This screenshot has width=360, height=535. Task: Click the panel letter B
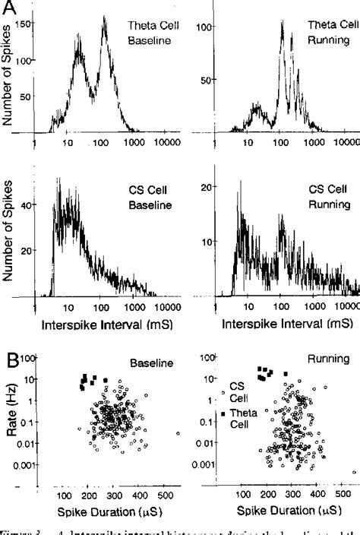click(x=10, y=356)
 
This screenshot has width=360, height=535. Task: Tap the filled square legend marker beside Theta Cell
click(x=223, y=413)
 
